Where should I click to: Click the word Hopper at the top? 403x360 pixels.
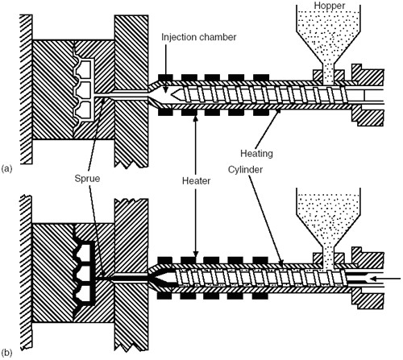(330, 6)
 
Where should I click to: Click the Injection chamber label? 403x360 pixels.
(199, 37)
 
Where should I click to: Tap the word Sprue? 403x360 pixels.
(87, 179)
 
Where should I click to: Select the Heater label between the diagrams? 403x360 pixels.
(196, 180)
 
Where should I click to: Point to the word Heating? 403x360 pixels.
(256, 153)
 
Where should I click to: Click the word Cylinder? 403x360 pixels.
(245, 170)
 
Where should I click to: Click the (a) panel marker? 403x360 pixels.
(6, 168)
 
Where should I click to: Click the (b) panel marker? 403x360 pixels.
(6, 353)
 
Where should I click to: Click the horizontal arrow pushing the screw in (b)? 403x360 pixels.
(385, 279)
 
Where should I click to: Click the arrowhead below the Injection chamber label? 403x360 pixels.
(166, 90)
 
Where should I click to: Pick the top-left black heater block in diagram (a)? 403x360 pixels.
(165, 77)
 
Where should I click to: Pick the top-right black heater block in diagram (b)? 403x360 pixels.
(260, 260)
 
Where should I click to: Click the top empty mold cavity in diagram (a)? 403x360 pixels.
(84, 69)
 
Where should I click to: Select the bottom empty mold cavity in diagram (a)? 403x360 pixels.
(84, 110)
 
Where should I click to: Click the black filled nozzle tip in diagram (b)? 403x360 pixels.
(161, 279)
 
